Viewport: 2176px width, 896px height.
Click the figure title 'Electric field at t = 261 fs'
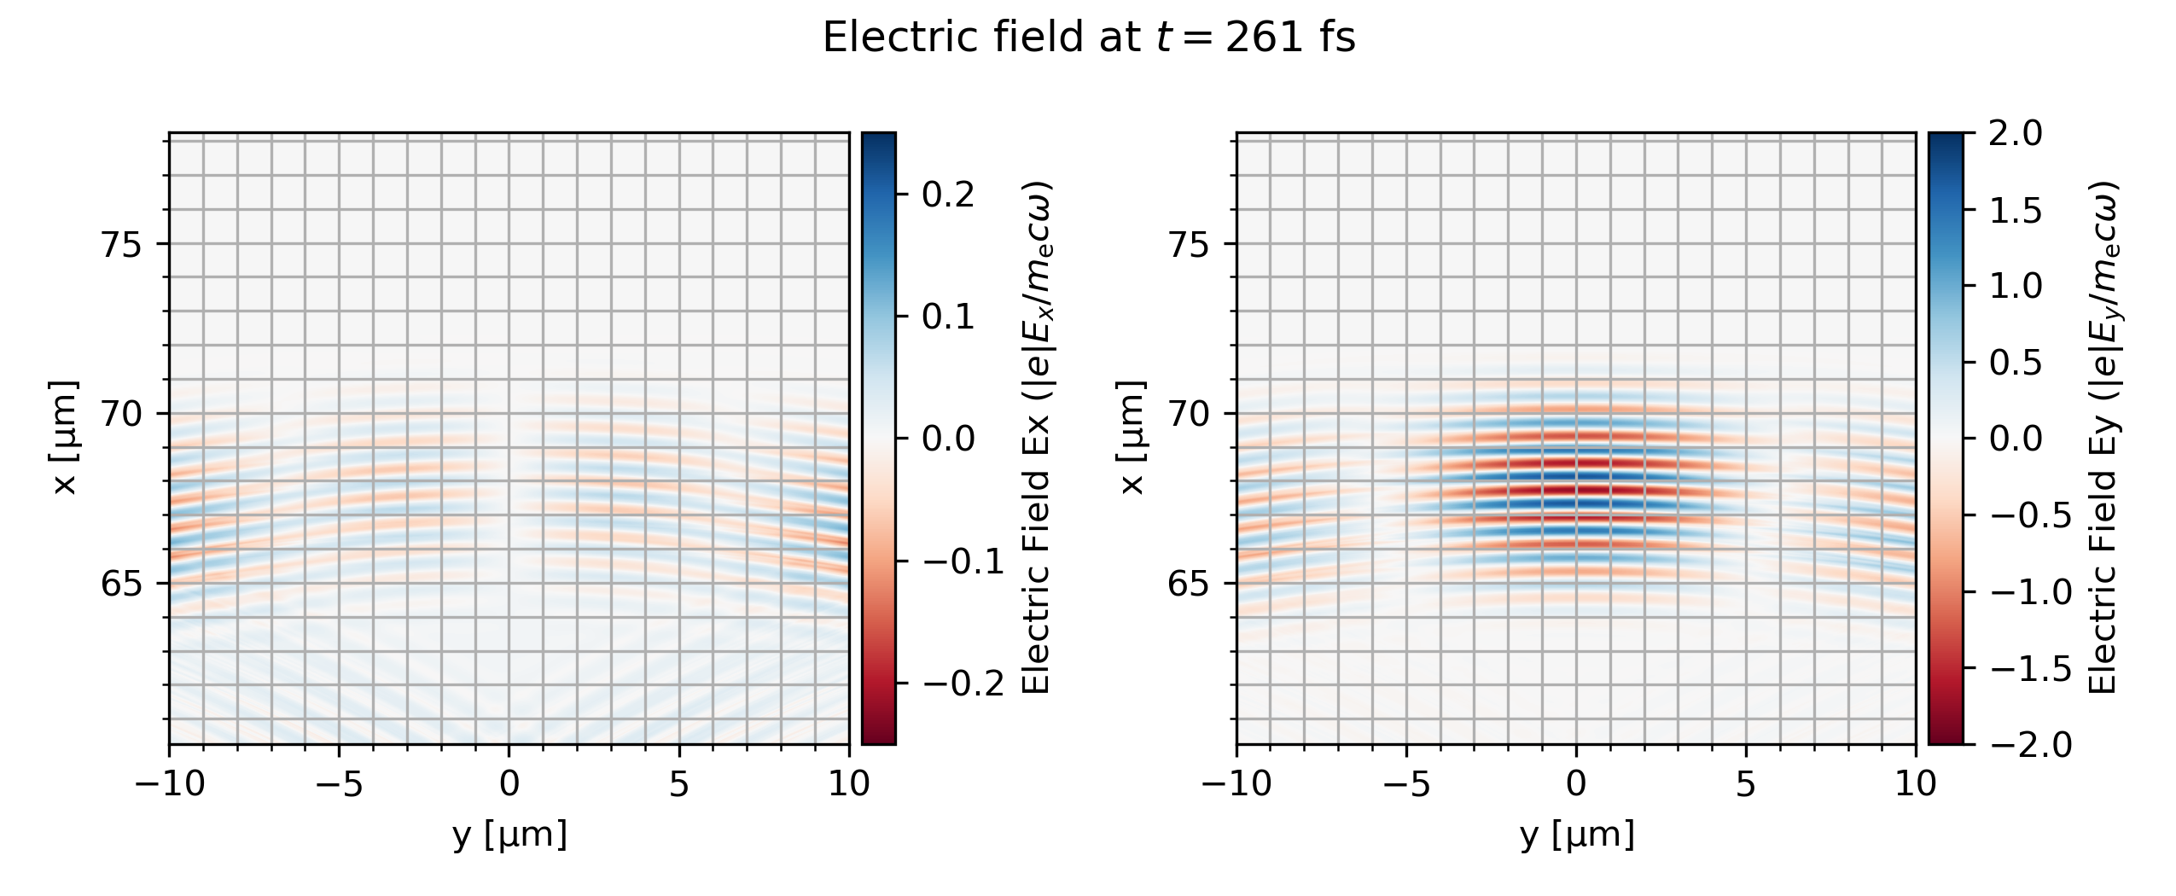1088,38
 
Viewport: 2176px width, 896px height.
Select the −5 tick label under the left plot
339,783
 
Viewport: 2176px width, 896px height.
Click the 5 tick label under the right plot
1746,783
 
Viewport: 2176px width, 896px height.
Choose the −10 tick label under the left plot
169,783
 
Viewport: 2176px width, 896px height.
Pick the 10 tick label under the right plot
1915,783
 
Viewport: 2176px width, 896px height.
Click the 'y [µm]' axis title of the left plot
509,835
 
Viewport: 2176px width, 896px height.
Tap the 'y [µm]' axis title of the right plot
1576,835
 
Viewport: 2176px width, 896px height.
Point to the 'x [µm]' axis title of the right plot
1132,438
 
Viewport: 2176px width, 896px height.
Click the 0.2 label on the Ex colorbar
947,195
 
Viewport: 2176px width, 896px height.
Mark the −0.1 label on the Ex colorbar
962,562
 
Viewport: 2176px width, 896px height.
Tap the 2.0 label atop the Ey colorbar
2016,134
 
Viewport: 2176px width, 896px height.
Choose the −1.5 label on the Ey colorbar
2029,670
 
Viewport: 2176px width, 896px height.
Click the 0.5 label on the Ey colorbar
2016,364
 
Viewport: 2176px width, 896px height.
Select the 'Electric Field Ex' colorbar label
1035,438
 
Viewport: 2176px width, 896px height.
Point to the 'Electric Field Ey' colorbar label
2103,438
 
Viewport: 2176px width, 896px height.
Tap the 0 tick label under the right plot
1576,783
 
